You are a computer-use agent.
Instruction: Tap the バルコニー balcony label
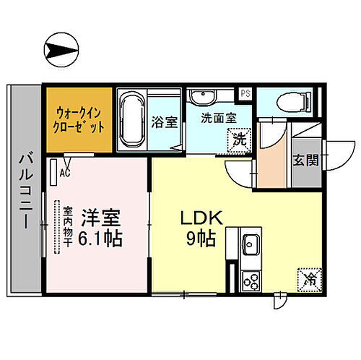(x=25, y=190)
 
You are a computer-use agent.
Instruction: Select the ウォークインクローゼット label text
(x=80, y=119)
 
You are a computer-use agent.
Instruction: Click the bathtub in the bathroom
(x=132, y=119)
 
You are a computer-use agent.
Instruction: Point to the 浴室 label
(x=164, y=123)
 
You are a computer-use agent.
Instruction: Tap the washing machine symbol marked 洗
(x=239, y=139)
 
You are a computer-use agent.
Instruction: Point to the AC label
(x=64, y=173)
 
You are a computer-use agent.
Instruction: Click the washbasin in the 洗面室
(x=205, y=97)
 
